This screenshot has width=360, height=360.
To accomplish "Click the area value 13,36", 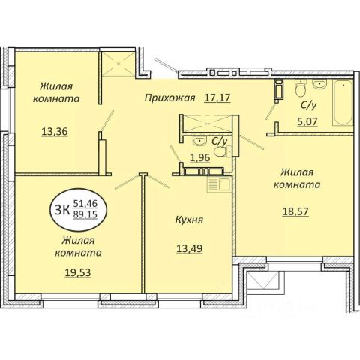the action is click(x=55, y=131).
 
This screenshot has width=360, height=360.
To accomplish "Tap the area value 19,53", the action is click(x=78, y=272).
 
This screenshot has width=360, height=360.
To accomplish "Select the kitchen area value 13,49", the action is click(x=190, y=248).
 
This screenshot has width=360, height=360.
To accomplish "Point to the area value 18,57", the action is click(x=295, y=211).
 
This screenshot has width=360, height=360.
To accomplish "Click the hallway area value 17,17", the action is click(x=217, y=97).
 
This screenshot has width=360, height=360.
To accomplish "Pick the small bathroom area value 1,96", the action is click(x=200, y=157).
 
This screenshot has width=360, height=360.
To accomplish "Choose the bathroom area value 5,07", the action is click(x=307, y=121).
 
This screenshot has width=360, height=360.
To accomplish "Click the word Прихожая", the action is click(x=169, y=97).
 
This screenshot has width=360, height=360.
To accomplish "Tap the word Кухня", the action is click(x=189, y=220).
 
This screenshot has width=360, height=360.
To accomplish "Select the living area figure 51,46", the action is click(x=85, y=204).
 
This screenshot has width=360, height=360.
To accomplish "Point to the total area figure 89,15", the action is click(x=85, y=214).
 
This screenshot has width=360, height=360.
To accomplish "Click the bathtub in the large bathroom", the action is click(x=343, y=103).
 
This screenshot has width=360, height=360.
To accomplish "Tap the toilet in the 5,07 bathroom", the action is click(x=301, y=88).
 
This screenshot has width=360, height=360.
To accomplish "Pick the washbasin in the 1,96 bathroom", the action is click(x=199, y=141).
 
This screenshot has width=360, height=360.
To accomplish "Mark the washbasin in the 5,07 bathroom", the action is click(x=319, y=84).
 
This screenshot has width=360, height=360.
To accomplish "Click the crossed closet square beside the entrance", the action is click(x=118, y=64).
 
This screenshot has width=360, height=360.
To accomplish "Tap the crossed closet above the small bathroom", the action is click(x=207, y=124).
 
